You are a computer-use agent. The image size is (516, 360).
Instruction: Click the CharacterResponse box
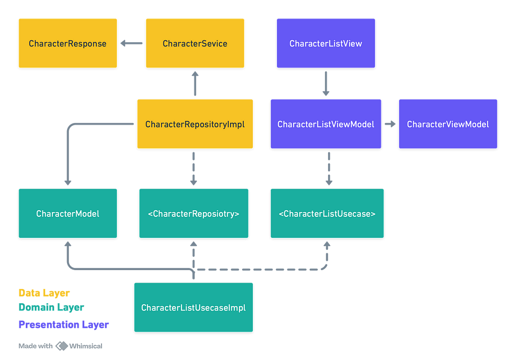[68, 43]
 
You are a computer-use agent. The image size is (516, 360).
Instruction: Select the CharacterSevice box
[195, 43]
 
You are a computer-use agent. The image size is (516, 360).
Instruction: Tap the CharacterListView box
[326, 43]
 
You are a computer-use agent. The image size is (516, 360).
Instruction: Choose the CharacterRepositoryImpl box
[195, 124]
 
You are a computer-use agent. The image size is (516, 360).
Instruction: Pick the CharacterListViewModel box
[326, 124]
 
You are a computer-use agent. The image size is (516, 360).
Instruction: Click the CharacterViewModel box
[448, 124]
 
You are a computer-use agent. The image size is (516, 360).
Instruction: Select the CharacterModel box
[68, 213]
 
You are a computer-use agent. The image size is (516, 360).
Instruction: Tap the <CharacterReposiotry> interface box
[193, 213]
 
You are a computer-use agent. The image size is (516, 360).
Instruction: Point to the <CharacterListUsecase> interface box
[327, 213]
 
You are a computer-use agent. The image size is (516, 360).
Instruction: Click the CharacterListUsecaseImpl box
[193, 307]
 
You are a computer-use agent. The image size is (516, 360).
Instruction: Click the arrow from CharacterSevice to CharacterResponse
[131, 43]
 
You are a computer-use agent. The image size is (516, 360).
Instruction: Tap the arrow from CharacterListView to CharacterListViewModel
[326, 83]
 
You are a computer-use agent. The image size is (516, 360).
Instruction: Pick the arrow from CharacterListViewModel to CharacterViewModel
[390, 124]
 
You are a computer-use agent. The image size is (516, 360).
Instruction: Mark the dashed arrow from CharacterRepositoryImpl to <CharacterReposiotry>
[193, 168]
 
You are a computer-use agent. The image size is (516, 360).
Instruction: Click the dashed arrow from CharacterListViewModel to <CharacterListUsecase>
[329, 168]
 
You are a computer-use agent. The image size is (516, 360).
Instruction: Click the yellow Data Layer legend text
[43, 293]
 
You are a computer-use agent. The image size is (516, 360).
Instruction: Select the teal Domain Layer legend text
[51, 307]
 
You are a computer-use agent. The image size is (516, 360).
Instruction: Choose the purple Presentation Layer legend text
[64, 324]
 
